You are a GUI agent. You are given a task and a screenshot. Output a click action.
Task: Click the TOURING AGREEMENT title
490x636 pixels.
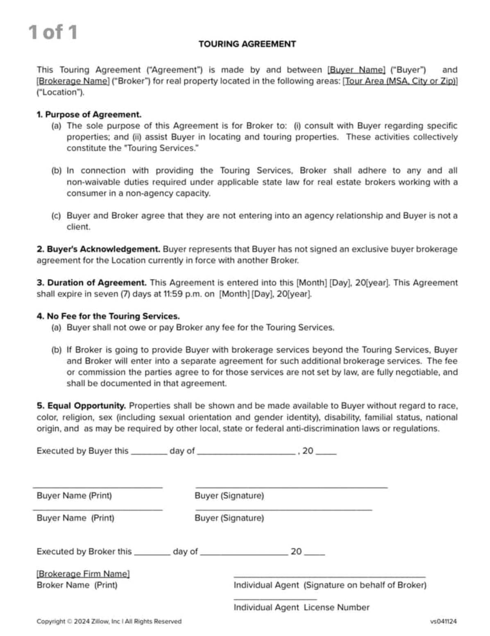coord(247,44)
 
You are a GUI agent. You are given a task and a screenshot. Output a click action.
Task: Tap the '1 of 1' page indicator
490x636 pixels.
coord(53,32)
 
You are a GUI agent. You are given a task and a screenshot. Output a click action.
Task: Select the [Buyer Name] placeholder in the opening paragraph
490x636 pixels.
coord(356,70)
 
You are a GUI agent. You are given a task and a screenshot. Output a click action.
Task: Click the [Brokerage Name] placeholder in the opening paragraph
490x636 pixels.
coord(73,81)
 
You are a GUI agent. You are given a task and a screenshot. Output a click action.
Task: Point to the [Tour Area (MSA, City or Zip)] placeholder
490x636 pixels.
coord(400,81)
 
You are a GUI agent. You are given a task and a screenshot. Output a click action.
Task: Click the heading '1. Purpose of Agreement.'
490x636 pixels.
coord(89,115)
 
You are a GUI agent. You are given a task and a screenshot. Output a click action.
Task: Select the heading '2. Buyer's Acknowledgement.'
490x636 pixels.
coord(98,249)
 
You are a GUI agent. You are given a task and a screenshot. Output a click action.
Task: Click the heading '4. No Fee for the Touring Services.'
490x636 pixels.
coord(108,316)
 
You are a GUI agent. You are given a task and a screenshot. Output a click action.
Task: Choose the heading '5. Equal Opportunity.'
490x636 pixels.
coord(81,406)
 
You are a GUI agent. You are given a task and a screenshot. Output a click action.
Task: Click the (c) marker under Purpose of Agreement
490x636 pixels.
coord(56,216)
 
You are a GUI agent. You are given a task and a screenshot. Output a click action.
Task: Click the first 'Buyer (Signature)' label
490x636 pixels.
coord(229,496)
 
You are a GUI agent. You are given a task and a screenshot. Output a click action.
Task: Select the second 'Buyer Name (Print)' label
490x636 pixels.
coord(75,518)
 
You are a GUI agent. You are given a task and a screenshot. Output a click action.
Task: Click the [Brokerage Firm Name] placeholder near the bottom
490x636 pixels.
coord(83,574)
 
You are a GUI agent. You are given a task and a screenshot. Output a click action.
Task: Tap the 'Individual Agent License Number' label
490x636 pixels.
coord(301,607)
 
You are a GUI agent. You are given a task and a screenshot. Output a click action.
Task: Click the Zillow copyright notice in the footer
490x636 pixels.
coord(109,621)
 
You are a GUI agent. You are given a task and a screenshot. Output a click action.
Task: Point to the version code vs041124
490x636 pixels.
coord(443,621)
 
